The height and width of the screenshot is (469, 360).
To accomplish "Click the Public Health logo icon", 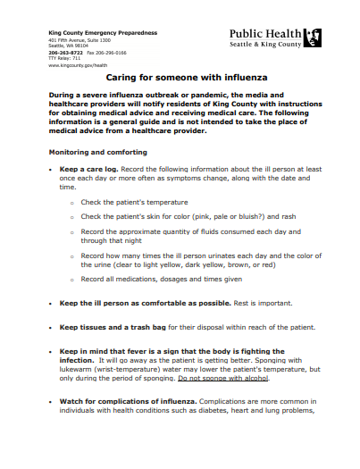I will coord(313,38).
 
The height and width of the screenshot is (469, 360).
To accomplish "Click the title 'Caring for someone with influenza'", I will coord(180,78).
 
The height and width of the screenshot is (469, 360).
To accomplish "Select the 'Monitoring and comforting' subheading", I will coord(97,152).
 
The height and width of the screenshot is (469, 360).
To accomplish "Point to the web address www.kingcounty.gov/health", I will coord(78,65).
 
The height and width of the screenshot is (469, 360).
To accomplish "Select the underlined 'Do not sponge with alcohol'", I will coord(223,377).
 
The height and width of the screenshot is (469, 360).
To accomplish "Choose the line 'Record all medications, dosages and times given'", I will coord(161,280).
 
